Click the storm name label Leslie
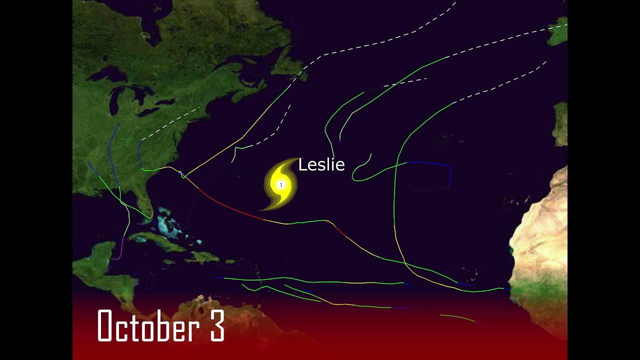click(x=321, y=165)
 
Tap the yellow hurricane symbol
click(x=280, y=184)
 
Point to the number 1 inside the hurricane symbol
click(x=281, y=185)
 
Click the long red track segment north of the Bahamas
click(x=230, y=208)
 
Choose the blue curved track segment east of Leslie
click(x=435, y=164)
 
